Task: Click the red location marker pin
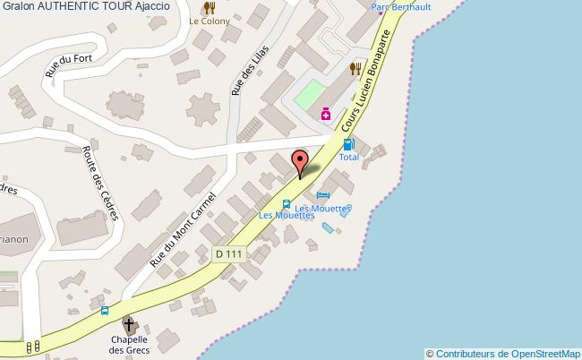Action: (301, 162)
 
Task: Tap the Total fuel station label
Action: (349, 157)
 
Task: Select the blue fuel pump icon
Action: (348, 143)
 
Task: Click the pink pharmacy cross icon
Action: (326, 114)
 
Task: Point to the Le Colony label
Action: (210, 21)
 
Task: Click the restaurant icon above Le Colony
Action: (210, 7)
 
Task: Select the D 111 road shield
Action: (228, 254)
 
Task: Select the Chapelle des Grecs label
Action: (129, 344)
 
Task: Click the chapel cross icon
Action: (129, 323)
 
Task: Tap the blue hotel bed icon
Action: (323, 196)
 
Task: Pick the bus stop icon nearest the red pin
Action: (286, 203)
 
